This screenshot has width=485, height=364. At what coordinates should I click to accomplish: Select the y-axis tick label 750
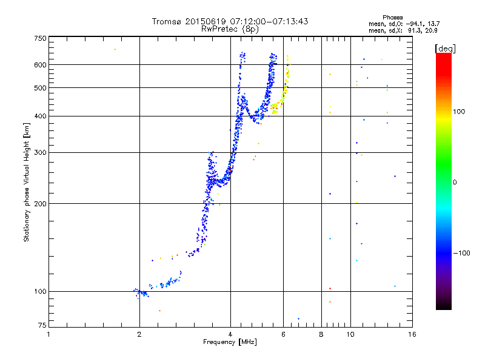click(40, 38)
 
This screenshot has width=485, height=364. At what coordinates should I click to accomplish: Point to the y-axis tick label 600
click(40, 65)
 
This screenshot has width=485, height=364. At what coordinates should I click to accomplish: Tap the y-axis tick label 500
click(40, 88)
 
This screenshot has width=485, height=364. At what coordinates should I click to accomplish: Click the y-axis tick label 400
click(40, 116)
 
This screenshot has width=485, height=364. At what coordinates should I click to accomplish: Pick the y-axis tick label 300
click(40, 152)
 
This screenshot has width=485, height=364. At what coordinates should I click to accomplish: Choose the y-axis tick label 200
click(40, 203)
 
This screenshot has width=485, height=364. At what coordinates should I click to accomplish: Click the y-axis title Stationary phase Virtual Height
click(27, 182)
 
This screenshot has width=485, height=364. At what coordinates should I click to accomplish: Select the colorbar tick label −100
click(463, 253)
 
